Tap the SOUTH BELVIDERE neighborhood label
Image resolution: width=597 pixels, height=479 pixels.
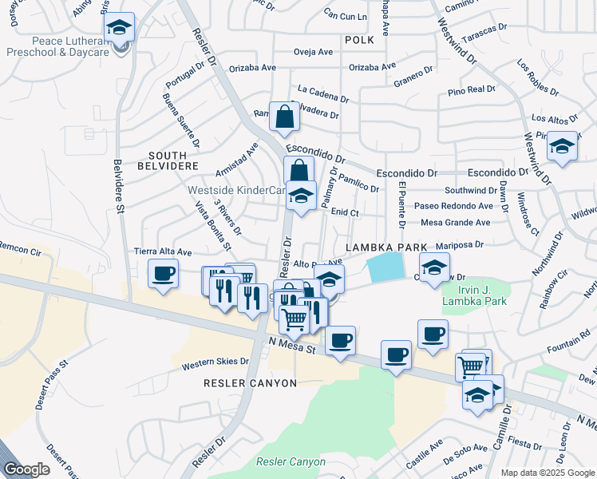[x=173, y=161]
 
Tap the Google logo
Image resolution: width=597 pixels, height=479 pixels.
[x=26, y=469]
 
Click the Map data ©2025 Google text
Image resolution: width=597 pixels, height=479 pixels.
[x=548, y=473]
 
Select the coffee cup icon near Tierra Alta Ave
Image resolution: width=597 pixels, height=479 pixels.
[x=163, y=275]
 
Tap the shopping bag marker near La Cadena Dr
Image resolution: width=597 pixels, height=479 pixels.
[x=283, y=117]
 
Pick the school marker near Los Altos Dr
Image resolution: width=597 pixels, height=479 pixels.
[x=562, y=148]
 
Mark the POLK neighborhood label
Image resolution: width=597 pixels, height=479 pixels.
[x=359, y=38]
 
